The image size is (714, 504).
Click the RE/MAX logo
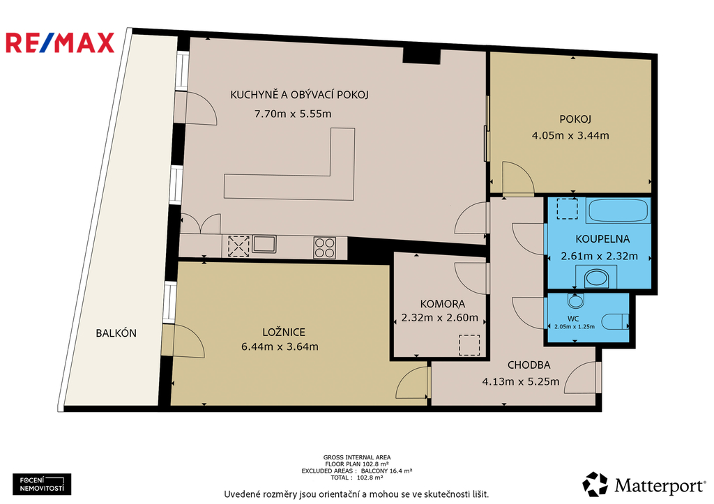click(x=60, y=43)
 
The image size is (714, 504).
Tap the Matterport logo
click(x=644, y=484)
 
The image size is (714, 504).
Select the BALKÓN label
click(x=116, y=333)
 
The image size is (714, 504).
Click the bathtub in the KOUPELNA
click(x=618, y=211)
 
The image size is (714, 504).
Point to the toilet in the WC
click(x=615, y=321)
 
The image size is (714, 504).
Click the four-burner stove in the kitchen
click(x=325, y=248)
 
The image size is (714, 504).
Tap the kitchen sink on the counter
click(x=264, y=244)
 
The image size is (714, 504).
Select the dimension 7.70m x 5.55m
click(x=293, y=114)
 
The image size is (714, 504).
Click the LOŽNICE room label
click(x=284, y=333)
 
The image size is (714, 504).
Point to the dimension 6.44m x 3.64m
click(x=280, y=346)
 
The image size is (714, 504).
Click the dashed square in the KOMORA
click(x=469, y=344)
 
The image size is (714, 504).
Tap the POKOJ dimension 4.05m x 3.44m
click(x=570, y=135)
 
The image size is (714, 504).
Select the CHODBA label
click(x=529, y=365)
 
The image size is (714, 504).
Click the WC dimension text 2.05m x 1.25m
click(x=575, y=326)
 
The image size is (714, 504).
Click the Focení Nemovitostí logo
click(x=42, y=484)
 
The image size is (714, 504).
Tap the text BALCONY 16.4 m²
click(x=386, y=471)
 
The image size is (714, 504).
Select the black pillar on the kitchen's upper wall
click(x=421, y=56)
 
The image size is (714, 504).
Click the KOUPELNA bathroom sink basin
click(x=596, y=277)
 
